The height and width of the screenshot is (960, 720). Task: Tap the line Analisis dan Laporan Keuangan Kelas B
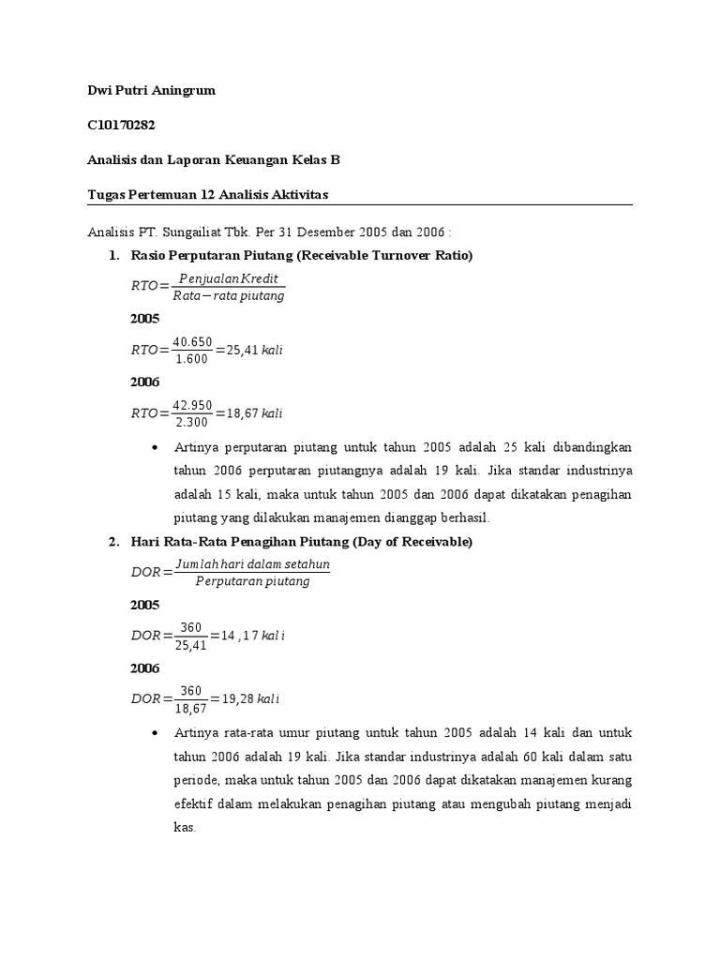click(207, 160)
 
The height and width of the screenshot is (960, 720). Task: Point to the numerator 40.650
click(193, 341)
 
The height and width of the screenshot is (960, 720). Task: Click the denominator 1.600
click(193, 359)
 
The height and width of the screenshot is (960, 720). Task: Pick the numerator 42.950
click(193, 405)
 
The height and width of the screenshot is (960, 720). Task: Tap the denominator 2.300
click(193, 422)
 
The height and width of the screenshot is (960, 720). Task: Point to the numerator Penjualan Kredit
click(229, 279)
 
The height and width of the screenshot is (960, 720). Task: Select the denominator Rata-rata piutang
click(229, 296)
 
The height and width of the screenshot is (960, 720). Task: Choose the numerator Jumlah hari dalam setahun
click(250, 565)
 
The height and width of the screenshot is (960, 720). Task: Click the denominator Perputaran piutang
click(250, 582)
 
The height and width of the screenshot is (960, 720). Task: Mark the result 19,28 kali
click(249, 699)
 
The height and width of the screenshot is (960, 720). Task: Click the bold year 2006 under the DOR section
click(144, 668)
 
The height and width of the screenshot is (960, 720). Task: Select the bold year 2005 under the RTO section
click(144, 319)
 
